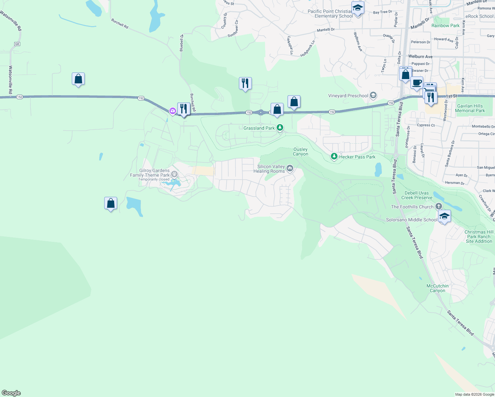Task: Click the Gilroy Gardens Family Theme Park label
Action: click(150, 173)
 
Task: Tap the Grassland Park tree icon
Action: click(280, 127)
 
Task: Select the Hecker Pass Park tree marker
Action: click(334, 156)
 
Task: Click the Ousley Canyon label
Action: click(300, 152)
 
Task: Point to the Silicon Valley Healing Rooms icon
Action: click(290, 168)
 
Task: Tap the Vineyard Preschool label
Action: click(348, 96)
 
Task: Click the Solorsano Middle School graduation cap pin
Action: click(444, 216)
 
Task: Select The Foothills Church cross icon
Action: click(439, 206)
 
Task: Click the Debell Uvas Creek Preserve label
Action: click(417, 195)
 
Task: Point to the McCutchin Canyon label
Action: click(437, 288)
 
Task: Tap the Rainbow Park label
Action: click(445, 25)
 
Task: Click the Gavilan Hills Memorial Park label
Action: click(470, 108)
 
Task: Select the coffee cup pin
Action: click(417, 83)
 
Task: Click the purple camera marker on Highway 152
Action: click(172, 111)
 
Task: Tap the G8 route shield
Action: click(17, 44)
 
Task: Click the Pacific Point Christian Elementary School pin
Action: click(358, 8)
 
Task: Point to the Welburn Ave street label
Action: click(420, 57)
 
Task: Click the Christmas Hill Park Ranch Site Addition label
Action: click(479, 237)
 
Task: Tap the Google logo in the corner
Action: click(11, 393)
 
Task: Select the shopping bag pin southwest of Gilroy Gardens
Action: click(111, 203)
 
